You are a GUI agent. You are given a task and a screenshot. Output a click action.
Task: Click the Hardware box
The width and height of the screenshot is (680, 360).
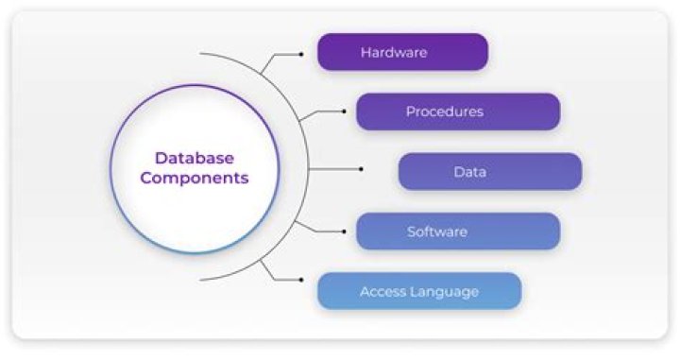[402, 52]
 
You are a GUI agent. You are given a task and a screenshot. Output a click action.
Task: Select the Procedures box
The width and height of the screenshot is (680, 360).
[458, 111]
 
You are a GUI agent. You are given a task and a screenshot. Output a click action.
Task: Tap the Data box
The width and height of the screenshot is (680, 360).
[489, 172]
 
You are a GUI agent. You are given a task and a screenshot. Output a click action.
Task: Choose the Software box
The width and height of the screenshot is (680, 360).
[458, 231]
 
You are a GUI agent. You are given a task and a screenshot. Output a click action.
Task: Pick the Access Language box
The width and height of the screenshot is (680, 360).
[419, 291]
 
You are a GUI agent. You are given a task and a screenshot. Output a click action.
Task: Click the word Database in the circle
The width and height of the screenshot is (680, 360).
[194, 158]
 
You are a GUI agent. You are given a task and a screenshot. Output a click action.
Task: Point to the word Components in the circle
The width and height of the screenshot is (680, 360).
[194, 178]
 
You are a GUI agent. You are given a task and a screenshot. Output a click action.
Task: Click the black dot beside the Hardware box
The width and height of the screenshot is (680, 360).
[300, 54]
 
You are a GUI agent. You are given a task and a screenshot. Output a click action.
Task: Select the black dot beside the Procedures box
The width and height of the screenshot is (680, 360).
[343, 111]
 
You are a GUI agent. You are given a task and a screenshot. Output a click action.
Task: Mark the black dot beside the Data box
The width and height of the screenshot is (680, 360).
[362, 170]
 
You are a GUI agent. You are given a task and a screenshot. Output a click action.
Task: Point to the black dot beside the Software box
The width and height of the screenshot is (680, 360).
[343, 231]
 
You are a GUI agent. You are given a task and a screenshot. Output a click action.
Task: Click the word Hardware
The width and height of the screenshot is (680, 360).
[394, 52]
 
